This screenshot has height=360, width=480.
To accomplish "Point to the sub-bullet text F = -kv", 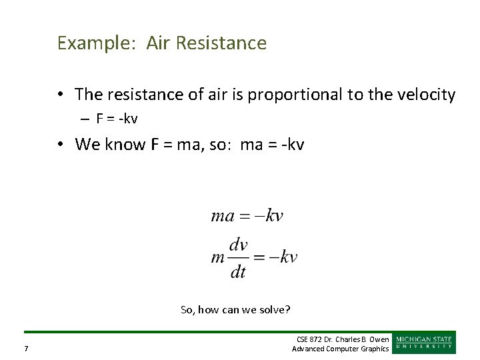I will click(x=117, y=119).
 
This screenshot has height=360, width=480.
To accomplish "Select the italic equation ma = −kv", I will click(x=247, y=215).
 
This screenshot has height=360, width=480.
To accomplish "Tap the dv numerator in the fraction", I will click(x=238, y=245).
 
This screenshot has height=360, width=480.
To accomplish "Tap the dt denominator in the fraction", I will click(x=238, y=271).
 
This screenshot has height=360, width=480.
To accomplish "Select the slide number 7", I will click(x=25, y=349).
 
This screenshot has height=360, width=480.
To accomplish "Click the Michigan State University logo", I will click(x=425, y=342).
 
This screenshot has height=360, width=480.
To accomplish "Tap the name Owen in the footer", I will click(x=378, y=339).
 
